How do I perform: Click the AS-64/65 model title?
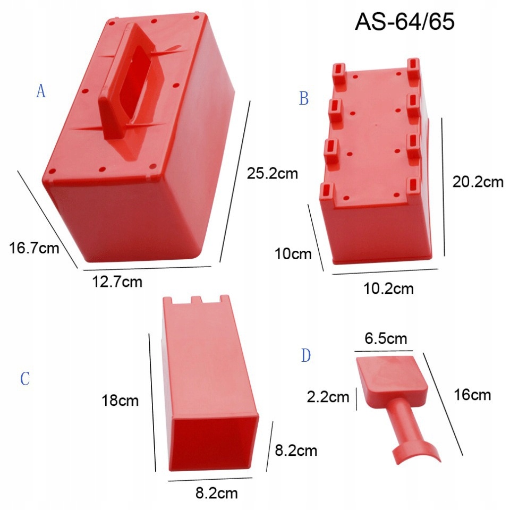(x=405, y=21)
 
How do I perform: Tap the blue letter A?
(x=41, y=91)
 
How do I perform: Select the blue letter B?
(x=303, y=98)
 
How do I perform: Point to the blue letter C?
(x=25, y=379)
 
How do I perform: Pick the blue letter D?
(x=306, y=355)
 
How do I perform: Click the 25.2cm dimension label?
(x=272, y=173)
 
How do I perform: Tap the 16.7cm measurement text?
(x=34, y=248)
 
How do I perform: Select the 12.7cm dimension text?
(x=117, y=282)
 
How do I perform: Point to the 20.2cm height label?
(x=478, y=182)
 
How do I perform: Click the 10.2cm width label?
(x=388, y=288)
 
